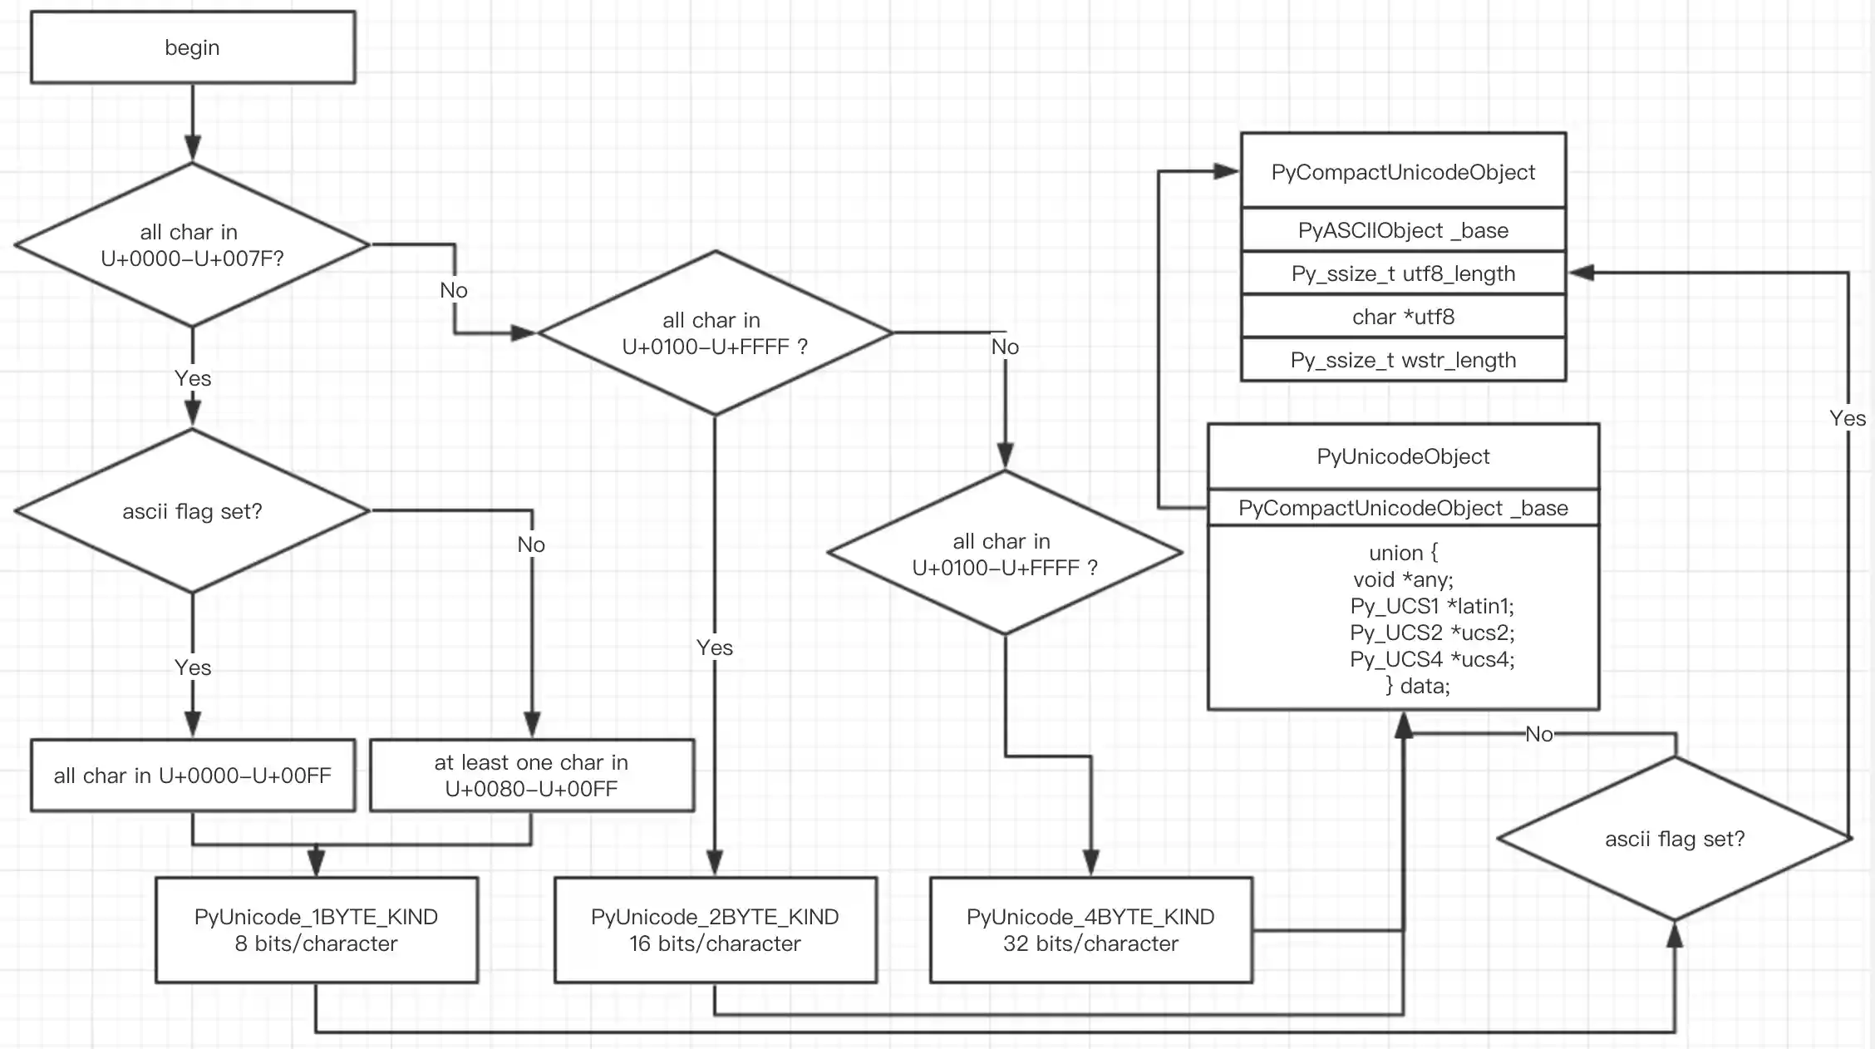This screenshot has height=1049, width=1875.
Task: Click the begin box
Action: (x=192, y=47)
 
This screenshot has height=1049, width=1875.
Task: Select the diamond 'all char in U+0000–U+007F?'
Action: (x=192, y=244)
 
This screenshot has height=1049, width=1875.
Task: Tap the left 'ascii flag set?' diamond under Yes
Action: (x=192, y=510)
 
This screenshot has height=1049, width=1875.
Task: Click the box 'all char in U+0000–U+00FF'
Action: (x=192, y=776)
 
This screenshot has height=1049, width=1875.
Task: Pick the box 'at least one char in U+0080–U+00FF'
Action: (x=531, y=776)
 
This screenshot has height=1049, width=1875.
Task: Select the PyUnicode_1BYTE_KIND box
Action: (x=316, y=930)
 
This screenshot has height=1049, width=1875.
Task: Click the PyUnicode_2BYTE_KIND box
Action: (x=715, y=930)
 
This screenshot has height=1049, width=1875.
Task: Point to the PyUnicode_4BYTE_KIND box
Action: (x=1090, y=930)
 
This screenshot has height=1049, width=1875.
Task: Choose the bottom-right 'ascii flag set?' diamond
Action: (x=1674, y=839)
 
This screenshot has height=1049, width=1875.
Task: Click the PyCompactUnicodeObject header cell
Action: (x=1403, y=171)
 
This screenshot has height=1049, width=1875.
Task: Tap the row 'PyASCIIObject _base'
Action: (x=1403, y=230)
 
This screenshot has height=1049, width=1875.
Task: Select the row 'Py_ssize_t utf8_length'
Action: (x=1403, y=273)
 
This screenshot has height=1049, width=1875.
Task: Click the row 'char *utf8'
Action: (x=1403, y=317)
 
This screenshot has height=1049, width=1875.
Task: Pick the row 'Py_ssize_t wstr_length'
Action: (x=1403, y=360)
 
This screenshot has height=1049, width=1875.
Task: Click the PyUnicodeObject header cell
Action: (x=1403, y=456)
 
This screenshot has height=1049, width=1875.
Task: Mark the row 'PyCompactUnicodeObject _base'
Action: (x=1403, y=508)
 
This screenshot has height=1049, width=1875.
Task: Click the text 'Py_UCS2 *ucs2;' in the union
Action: (x=1432, y=633)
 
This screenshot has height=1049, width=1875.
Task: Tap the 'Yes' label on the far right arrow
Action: (x=1847, y=418)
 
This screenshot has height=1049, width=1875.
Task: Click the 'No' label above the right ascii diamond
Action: (x=1538, y=734)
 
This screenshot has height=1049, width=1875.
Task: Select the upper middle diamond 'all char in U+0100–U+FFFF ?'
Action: (x=715, y=332)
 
